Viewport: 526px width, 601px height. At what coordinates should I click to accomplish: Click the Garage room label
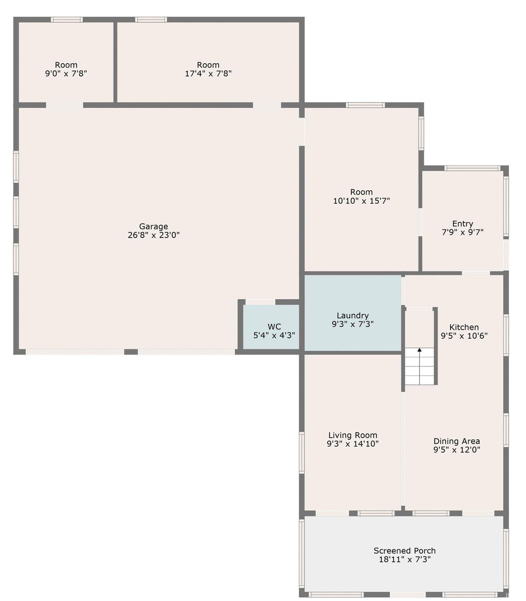pyautogui.click(x=154, y=226)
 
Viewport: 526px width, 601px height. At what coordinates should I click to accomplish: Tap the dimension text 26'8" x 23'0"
pyautogui.click(x=154, y=236)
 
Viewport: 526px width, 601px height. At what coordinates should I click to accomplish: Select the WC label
pyautogui.click(x=274, y=327)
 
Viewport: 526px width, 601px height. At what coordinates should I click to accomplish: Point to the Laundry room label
pyautogui.click(x=352, y=316)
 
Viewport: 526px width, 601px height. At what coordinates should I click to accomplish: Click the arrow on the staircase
pyautogui.click(x=420, y=351)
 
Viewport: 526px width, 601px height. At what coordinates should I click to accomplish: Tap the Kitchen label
pyautogui.click(x=464, y=327)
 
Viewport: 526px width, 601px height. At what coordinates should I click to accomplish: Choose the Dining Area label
pyautogui.click(x=457, y=441)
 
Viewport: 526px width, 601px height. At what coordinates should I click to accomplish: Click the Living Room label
pyautogui.click(x=352, y=435)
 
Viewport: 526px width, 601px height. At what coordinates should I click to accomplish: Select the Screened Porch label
pyautogui.click(x=405, y=551)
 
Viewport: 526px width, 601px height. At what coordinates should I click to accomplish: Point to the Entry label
pyautogui.click(x=462, y=223)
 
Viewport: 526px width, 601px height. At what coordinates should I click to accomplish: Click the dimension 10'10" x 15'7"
pyautogui.click(x=362, y=201)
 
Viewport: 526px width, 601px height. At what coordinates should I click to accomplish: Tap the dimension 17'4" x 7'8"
pyautogui.click(x=208, y=73)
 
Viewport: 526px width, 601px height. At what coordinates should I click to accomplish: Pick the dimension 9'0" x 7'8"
pyautogui.click(x=66, y=73)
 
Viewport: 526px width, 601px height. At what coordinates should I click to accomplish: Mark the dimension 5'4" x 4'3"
pyautogui.click(x=274, y=336)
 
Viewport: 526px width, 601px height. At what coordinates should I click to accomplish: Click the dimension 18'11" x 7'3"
pyautogui.click(x=405, y=560)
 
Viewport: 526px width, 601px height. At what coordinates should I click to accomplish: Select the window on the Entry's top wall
pyautogui.click(x=472, y=168)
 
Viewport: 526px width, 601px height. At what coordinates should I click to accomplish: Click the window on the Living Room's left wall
pyautogui.click(x=302, y=452)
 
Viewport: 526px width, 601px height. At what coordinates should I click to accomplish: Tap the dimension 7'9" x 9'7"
pyautogui.click(x=462, y=232)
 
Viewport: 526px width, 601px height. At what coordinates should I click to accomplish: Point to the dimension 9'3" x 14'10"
pyautogui.click(x=352, y=444)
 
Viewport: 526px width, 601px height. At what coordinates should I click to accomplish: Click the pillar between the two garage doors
pyautogui.click(x=131, y=352)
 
